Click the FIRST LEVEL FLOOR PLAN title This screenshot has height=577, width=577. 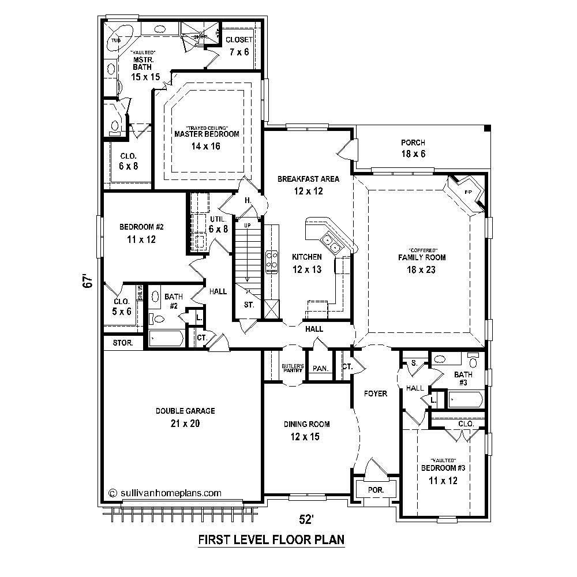click(271, 540)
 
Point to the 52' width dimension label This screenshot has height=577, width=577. click(306, 519)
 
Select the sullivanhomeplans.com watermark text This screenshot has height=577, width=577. click(165, 493)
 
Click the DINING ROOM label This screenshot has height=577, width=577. click(306, 424)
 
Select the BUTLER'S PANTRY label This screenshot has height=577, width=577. click(293, 368)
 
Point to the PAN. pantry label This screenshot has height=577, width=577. click(320, 369)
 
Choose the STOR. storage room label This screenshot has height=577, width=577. click(122, 343)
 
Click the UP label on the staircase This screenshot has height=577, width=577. click(248, 225)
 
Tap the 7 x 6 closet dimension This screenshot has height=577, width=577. click(238, 52)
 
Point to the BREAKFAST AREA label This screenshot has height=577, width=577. click(308, 179)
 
